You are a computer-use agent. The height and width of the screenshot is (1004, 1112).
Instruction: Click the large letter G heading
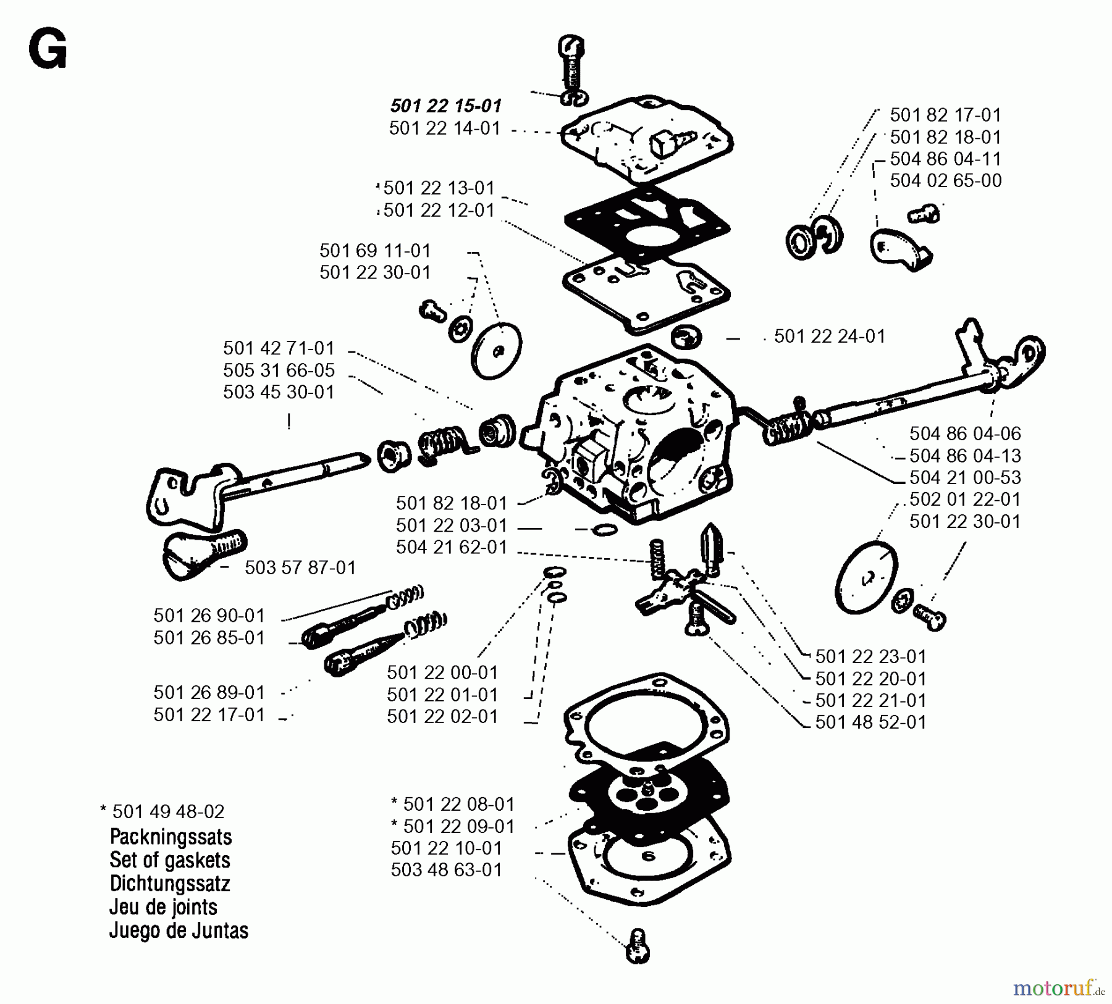(48, 51)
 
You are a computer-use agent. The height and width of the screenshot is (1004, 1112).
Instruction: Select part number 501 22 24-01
(829, 337)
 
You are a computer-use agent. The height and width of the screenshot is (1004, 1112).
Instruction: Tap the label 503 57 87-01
(300, 568)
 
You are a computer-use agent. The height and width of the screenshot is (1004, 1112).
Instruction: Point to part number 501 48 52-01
(870, 722)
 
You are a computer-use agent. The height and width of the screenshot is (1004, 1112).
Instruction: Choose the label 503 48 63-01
(446, 870)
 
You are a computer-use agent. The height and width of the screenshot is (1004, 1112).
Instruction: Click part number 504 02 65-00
(945, 181)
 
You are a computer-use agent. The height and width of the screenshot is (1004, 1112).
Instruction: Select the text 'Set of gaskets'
(169, 860)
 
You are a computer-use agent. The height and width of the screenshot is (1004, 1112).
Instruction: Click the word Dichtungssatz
(169, 884)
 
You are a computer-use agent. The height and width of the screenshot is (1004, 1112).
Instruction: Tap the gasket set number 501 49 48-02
(167, 811)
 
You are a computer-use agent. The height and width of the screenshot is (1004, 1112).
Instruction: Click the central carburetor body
(636, 438)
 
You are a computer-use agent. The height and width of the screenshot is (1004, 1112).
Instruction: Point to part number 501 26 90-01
(209, 616)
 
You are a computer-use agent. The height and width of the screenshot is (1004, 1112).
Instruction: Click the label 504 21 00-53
(965, 477)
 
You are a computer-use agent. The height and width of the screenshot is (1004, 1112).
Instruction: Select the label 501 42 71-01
(279, 348)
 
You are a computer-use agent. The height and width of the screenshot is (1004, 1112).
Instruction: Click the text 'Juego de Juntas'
(179, 931)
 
